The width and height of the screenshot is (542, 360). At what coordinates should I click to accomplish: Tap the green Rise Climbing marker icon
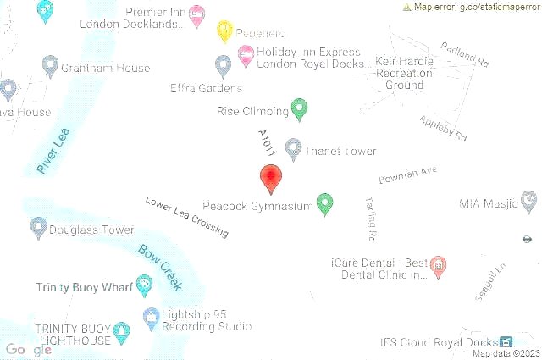click(299, 108)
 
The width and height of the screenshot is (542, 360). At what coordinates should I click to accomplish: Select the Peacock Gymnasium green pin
click(324, 202)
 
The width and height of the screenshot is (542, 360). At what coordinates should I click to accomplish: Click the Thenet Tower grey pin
click(294, 149)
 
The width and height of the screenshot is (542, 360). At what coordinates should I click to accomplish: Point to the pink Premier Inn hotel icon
click(196, 14)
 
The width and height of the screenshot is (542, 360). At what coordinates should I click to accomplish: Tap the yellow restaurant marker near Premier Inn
click(224, 30)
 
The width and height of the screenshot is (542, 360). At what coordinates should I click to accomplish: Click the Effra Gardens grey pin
click(223, 65)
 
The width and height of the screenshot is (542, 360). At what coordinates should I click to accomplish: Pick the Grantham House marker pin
click(50, 65)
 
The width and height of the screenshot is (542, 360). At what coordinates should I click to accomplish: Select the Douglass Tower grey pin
click(38, 227)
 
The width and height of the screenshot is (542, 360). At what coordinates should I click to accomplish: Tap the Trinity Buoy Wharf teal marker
click(143, 286)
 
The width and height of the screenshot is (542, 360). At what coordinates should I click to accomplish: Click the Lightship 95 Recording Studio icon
click(151, 318)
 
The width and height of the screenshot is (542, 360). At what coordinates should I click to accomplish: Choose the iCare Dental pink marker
click(439, 267)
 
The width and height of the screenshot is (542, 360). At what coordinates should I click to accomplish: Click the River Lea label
click(53, 152)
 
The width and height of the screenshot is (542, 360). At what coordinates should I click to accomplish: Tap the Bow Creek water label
click(159, 264)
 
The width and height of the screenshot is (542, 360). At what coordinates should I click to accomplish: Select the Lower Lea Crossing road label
click(186, 217)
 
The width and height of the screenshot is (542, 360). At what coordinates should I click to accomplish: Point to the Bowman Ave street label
click(408, 175)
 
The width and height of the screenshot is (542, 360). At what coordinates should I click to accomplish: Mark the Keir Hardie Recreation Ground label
click(404, 74)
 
